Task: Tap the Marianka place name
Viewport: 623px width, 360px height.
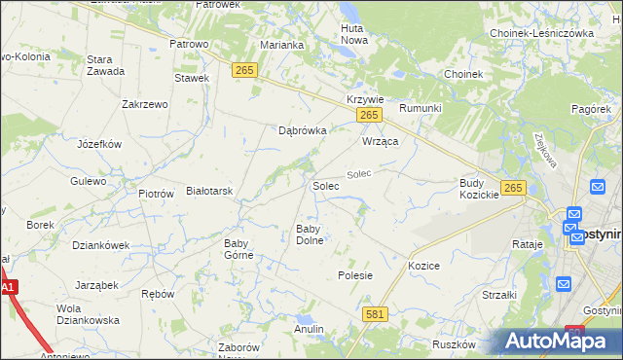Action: point(283,45)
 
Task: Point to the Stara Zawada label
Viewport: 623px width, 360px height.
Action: point(106,66)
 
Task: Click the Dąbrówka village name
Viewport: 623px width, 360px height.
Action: point(302,129)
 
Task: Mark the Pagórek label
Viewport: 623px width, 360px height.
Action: point(591,109)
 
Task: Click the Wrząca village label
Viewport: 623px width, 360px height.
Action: point(382,141)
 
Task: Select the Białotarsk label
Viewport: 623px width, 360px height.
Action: point(209,192)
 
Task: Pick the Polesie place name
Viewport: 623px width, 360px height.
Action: point(355,275)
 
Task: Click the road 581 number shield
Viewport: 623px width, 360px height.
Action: point(376,314)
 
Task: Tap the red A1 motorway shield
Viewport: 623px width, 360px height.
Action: point(9,287)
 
